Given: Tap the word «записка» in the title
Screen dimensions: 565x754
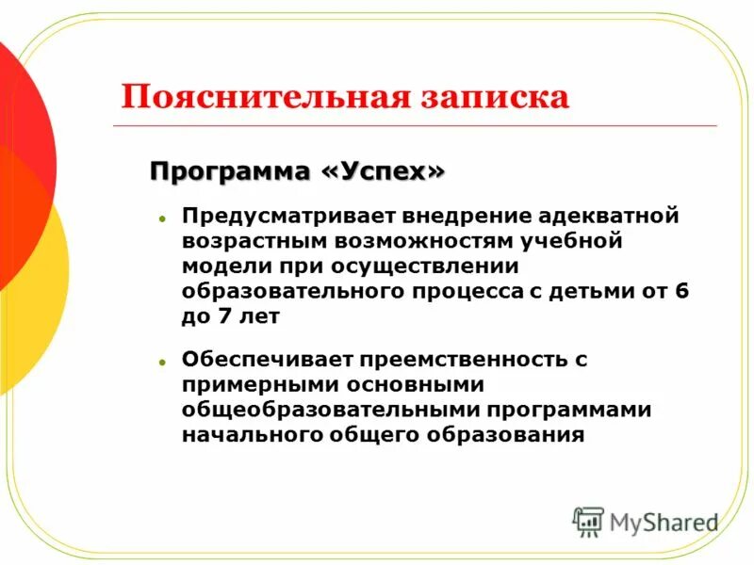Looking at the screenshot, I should pyautogui.click(x=488, y=98).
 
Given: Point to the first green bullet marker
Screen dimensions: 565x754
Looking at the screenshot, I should pyautogui.click(x=162, y=218).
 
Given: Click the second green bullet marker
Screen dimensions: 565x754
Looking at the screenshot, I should pyautogui.click(x=162, y=361).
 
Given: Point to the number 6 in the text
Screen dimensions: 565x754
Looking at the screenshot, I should pyautogui.click(x=681, y=291).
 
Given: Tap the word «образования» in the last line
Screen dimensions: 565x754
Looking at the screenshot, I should pyautogui.click(x=509, y=435).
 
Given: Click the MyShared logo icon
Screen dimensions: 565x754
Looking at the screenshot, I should pyautogui.click(x=588, y=521).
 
